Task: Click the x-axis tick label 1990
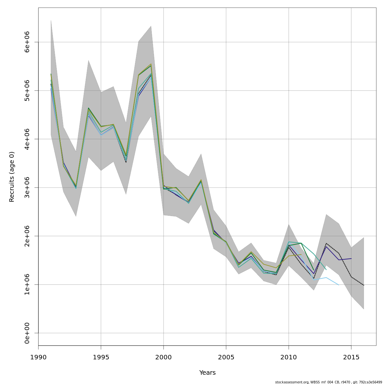(x=38, y=357)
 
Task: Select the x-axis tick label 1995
(x=101, y=357)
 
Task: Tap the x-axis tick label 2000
(x=164, y=357)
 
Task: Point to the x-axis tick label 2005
(x=226, y=357)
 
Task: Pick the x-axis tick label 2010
(x=289, y=357)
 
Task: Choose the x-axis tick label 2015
(x=351, y=357)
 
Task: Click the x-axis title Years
(x=207, y=373)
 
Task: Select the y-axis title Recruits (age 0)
(x=12, y=177)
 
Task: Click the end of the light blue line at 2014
(x=339, y=284)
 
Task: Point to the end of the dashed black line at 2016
(x=364, y=285)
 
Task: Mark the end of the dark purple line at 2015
(x=351, y=259)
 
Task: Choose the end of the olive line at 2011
(x=301, y=255)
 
